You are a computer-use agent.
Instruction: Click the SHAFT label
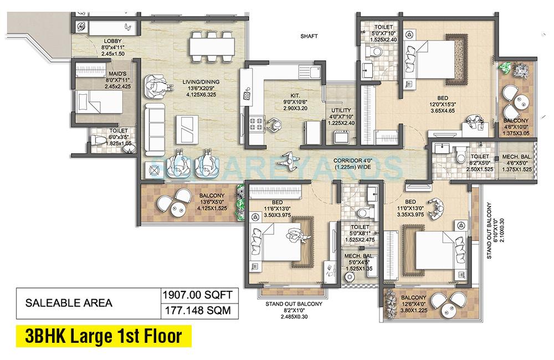[x=309, y=36]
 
